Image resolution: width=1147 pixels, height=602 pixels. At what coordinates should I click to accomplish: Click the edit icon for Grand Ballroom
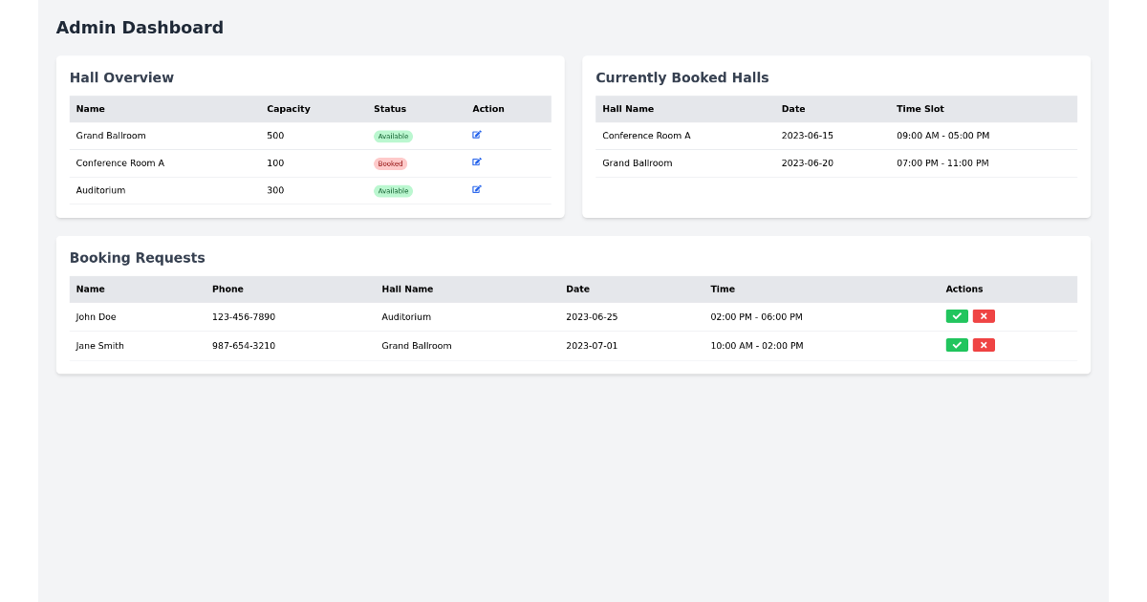477,136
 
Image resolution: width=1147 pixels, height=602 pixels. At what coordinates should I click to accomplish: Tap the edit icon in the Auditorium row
477,190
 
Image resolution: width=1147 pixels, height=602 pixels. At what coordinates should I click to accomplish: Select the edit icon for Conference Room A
477,162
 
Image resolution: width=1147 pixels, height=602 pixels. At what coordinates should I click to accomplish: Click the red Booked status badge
390,163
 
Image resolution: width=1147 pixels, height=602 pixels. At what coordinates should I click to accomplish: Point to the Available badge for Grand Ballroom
393,137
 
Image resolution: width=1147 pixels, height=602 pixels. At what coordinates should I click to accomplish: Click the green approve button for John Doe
957,316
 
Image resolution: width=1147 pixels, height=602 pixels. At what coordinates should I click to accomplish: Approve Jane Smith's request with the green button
957,345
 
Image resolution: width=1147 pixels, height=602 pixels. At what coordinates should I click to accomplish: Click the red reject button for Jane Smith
984,345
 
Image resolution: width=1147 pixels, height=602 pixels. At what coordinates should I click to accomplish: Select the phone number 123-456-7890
244,317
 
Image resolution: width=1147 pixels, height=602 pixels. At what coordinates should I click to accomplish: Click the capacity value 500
275,136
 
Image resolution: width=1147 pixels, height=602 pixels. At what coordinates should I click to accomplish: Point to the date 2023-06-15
807,136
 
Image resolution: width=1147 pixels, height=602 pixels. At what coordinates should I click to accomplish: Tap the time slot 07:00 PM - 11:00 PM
942,163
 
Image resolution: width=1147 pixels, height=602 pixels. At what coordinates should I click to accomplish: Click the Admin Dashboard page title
140,28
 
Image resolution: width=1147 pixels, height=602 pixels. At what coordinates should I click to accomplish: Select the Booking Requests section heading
137,258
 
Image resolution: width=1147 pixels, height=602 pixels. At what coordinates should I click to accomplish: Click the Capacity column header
289,109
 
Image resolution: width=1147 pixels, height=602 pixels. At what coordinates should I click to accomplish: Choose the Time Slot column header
920,109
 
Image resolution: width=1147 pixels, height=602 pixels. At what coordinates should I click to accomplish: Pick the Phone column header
227,290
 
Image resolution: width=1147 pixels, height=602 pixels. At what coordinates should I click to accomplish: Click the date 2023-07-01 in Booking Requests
592,346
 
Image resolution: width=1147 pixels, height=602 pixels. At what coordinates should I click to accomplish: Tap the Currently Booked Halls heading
682,78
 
